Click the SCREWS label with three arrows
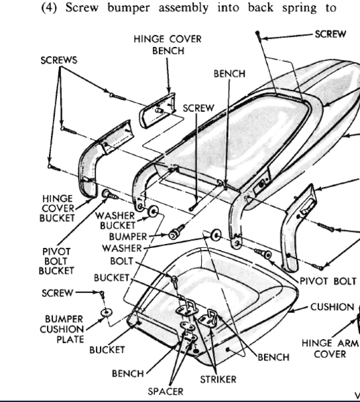(x=59, y=60)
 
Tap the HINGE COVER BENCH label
(x=168, y=45)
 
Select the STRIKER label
(x=218, y=379)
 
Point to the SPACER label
(x=166, y=391)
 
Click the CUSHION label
(x=333, y=307)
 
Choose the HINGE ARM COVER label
(x=330, y=348)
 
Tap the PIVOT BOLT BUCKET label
(x=56, y=261)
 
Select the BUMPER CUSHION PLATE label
(x=62, y=329)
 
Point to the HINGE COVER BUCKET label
(x=57, y=208)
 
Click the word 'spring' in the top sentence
(x=299, y=7)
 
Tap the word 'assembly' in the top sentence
(x=184, y=7)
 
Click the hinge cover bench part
(x=158, y=111)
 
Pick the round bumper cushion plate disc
(x=106, y=312)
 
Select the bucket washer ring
(x=153, y=211)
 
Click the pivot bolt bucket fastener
(x=109, y=194)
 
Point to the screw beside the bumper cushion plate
(x=102, y=294)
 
